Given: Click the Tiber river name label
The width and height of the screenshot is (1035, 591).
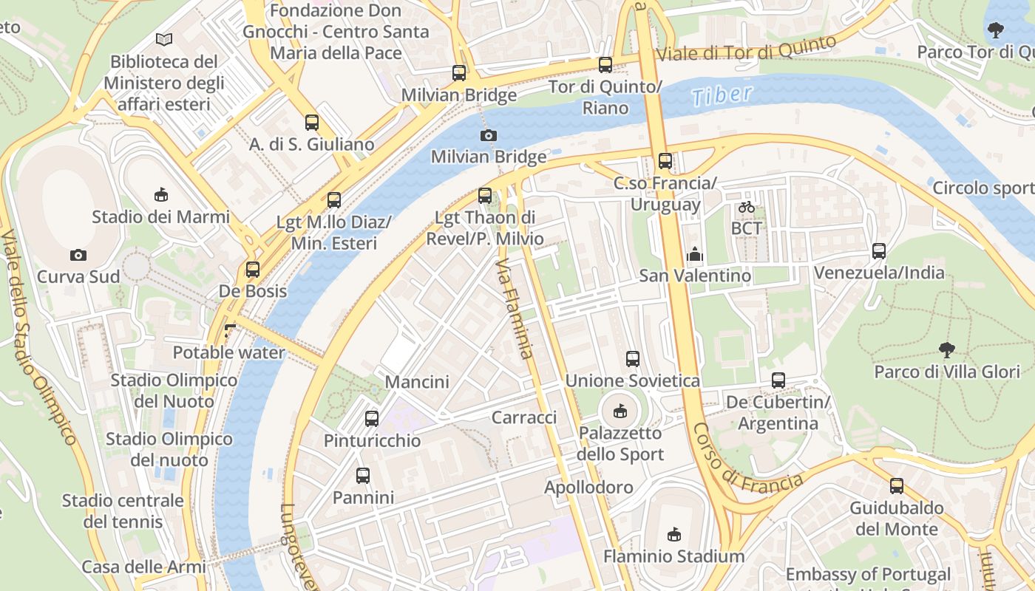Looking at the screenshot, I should pos(722,95).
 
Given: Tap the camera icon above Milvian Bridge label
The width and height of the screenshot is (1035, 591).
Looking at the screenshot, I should pos(488,135).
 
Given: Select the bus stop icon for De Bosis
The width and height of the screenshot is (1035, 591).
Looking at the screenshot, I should pos(253,270).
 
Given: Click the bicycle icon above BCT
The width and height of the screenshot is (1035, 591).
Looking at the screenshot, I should pos(747,208).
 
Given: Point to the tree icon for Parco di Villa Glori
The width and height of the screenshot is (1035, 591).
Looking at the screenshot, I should pos(946,349).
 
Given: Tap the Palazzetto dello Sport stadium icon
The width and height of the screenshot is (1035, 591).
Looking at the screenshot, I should pos(620,411).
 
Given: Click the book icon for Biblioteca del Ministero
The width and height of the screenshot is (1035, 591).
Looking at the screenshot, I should pos(163,39).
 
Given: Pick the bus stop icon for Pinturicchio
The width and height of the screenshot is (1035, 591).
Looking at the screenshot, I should pos(372,419).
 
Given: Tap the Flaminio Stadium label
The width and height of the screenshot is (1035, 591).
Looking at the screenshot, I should pos(673,556).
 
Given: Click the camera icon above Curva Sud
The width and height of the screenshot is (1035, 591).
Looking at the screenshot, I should pos(78,256).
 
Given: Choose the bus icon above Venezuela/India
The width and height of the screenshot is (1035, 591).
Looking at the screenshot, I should pos(878,251).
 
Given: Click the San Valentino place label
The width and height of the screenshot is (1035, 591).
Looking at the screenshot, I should pos(695,276).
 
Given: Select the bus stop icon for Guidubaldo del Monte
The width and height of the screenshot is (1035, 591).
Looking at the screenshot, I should pos(896,486).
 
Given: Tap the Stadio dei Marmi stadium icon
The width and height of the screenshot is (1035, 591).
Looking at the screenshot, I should pos(160,195).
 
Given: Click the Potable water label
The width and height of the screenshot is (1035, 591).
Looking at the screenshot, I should pos(228,352).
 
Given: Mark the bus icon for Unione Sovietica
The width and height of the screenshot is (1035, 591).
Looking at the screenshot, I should pos(633,359).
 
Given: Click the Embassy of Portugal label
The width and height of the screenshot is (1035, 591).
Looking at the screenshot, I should pos(868,574).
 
